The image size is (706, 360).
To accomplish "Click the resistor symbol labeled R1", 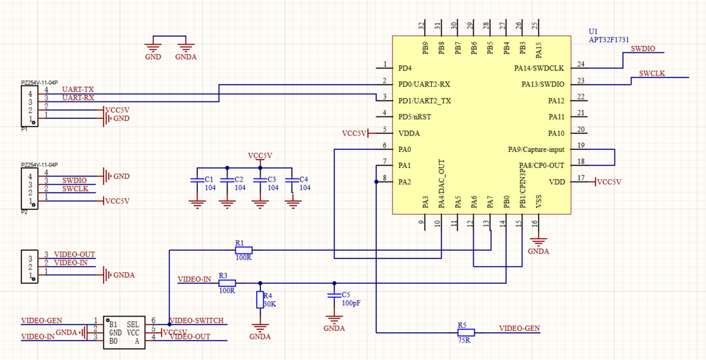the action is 244,249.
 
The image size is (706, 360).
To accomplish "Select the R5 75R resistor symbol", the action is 466,333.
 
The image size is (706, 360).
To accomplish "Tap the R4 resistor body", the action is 260,300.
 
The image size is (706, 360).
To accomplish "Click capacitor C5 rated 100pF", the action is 334,295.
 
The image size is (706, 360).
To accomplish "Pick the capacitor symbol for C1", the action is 197,180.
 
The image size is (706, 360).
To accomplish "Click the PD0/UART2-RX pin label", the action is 424,85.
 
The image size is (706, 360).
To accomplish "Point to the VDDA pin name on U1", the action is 409,133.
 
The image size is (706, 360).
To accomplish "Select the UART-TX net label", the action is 78,90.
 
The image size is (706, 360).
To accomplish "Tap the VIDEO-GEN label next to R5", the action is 520,328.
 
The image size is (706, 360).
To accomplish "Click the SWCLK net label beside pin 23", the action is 652,73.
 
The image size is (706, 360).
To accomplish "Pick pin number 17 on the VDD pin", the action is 581,178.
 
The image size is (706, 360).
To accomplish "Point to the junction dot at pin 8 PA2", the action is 376,182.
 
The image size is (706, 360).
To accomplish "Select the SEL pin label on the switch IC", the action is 133,324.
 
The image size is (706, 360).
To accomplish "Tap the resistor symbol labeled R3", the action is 227,283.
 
